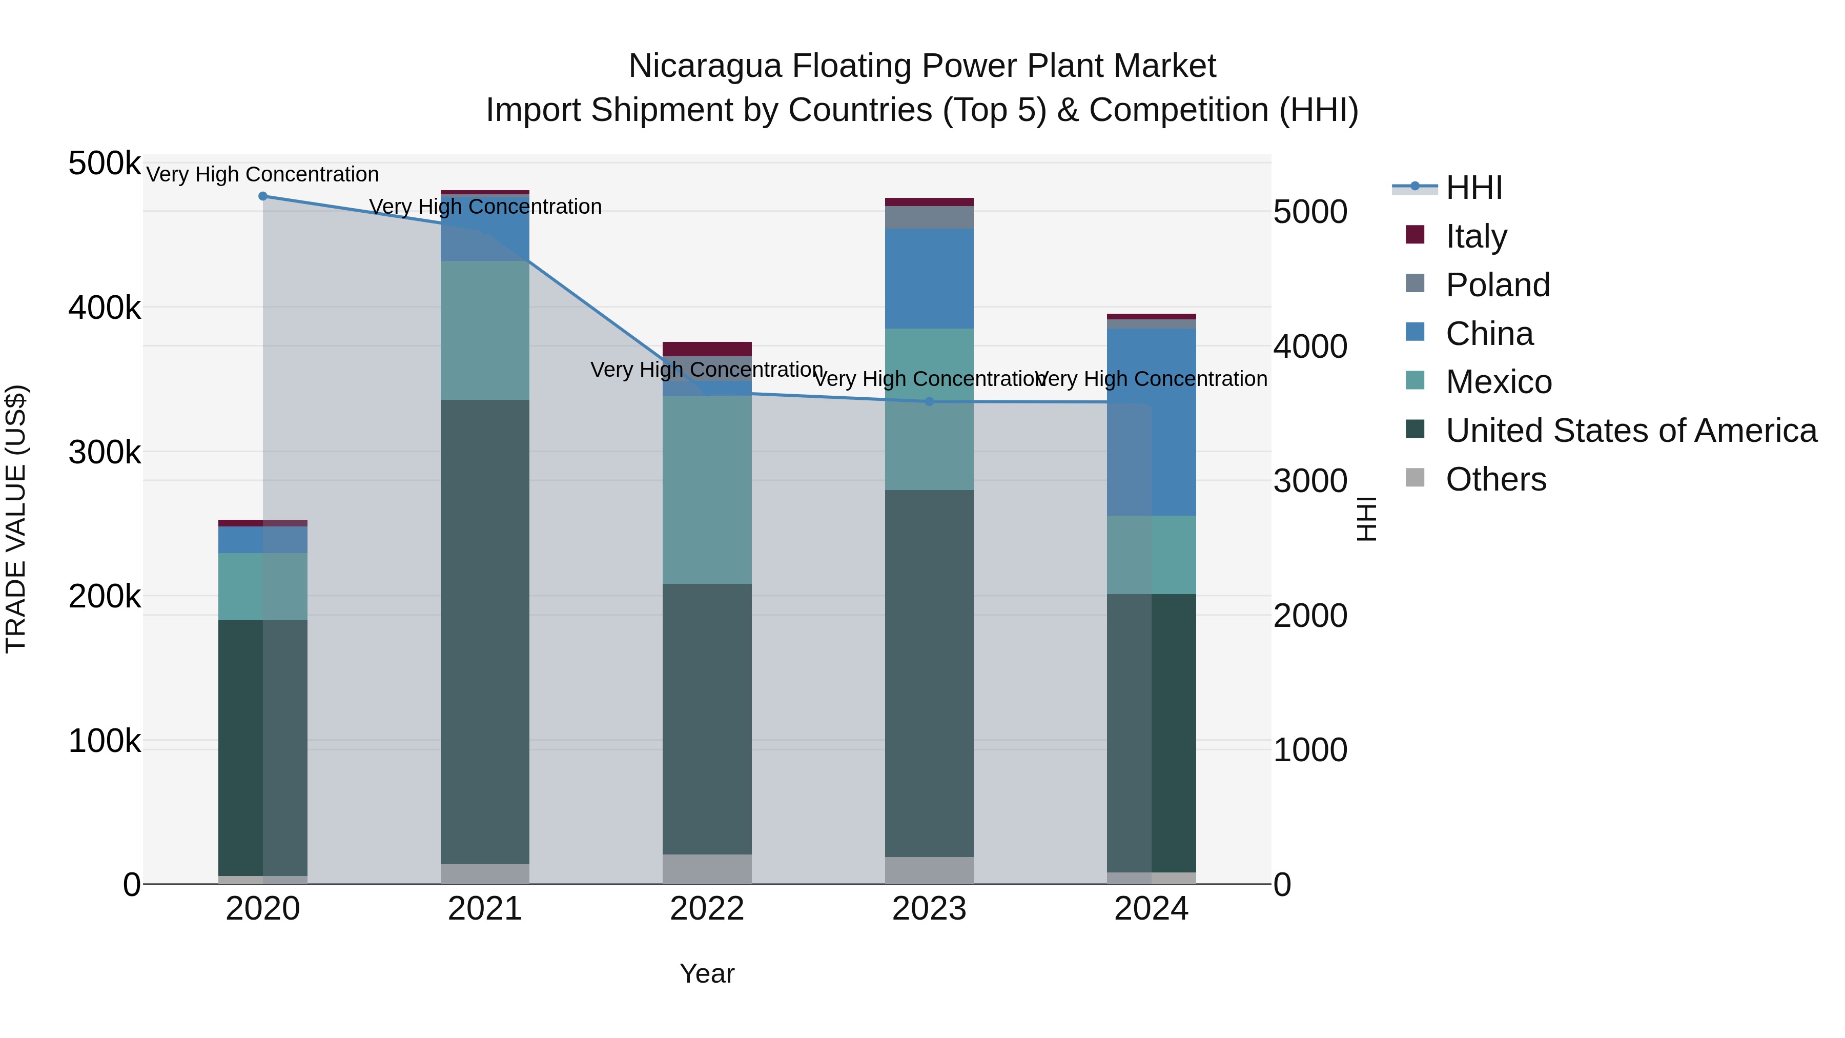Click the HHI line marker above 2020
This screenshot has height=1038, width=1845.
[x=263, y=196]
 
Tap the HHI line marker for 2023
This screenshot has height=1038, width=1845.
[x=929, y=402]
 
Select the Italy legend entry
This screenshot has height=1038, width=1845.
[x=1476, y=236]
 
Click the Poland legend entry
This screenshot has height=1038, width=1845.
[x=1498, y=285]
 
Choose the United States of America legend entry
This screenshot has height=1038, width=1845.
[x=1631, y=431]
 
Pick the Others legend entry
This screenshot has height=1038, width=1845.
[x=1495, y=479]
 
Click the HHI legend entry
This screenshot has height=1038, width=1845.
[x=1473, y=188]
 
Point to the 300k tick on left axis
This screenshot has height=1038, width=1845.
[x=105, y=453]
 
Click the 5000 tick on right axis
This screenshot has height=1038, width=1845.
[x=1310, y=212]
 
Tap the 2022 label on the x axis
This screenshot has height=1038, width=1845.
[x=707, y=909]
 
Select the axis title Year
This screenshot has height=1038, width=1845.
[x=707, y=973]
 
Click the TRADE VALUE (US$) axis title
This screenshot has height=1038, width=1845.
[x=16, y=519]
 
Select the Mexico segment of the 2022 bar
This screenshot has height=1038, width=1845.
[x=707, y=490]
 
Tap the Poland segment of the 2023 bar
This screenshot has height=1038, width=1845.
[x=929, y=217]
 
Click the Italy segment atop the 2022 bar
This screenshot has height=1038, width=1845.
[x=707, y=349]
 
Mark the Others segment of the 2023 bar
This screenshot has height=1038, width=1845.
[x=929, y=870]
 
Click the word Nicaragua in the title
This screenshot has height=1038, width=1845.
[x=705, y=67]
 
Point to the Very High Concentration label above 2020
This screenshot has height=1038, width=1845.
[x=263, y=174]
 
